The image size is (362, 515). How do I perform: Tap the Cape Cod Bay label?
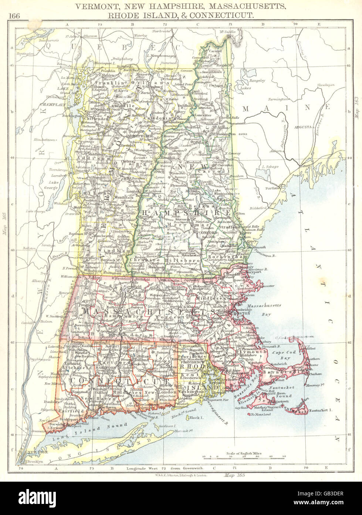click(x=283, y=355)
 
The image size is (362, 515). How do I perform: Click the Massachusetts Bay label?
click(x=264, y=309)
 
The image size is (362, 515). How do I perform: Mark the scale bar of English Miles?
click(x=244, y=458)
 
